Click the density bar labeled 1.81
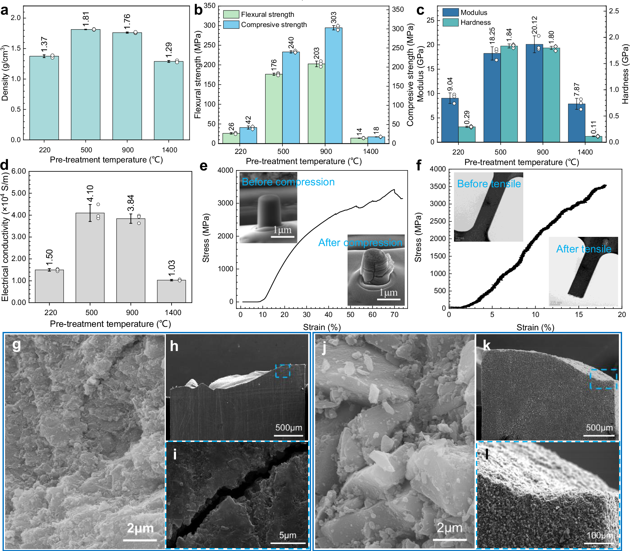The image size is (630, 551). (85, 84)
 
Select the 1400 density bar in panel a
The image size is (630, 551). (168, 100)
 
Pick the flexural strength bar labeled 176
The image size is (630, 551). (274, 108)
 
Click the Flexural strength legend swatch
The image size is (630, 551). (231, 14)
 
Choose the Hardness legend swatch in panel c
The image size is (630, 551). (450, 22)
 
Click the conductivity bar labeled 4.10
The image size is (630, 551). (90, 258)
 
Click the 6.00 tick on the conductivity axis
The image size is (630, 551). (19, 171)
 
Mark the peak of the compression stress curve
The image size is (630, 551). (394, 189)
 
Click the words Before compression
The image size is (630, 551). (288, 182)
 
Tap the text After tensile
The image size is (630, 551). (584, 249)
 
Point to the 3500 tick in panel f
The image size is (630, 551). (438, 186)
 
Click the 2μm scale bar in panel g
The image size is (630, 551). (140, 540)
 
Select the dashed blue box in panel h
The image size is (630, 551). (282, 371)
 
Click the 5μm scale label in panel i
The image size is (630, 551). (288, 535)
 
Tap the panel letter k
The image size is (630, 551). (486, 345)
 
